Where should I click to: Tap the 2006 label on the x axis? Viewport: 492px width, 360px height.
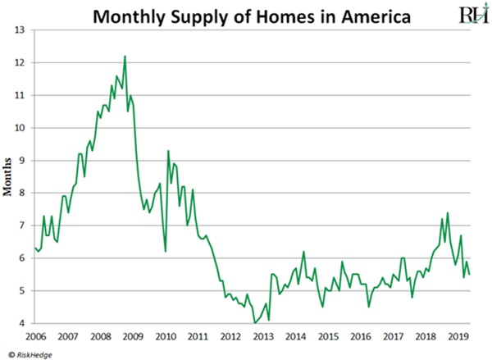click(x=35, y=336)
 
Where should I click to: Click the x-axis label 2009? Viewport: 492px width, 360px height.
click(x=134, y=336)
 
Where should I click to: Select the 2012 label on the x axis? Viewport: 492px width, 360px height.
click(x=231, y=336)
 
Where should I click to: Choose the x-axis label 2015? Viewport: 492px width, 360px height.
click(x=328, y=336)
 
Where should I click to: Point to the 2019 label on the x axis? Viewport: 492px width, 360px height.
click(x=458, y=336)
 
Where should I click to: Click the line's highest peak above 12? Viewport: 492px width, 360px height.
click(x=125, y=56)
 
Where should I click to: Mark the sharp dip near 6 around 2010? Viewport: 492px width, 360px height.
click(x=166, y=251)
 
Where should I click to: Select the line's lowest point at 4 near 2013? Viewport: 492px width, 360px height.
click(x=253, y=323)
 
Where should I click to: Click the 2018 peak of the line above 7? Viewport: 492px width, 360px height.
click(x=448, y=213)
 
